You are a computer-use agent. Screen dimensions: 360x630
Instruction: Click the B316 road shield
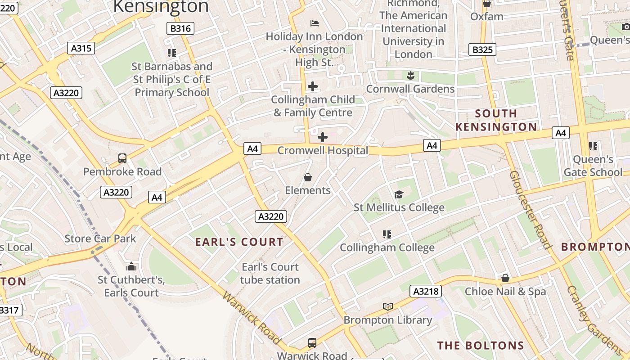pos(181,28)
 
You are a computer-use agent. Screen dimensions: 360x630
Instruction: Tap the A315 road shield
pos(81,48)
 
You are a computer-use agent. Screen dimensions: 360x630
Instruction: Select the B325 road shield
pos(482,49)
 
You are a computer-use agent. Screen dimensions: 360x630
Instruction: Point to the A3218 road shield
pos(425,292)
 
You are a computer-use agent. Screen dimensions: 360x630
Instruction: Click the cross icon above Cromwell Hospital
pos(323,137)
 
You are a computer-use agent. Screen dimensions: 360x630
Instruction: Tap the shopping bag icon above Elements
pos(308,177)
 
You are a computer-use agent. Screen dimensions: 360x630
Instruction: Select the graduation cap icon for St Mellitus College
pos(399,194)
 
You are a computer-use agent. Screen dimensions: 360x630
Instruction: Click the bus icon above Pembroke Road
pos(122,158)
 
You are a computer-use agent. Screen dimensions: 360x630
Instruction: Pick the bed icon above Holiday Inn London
pos(315,23)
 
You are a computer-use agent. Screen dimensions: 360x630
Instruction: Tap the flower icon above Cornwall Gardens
pos(410,75)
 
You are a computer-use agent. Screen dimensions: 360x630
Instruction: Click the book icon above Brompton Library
pos(387,307)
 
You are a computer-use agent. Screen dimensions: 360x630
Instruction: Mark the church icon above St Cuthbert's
pos(131,266)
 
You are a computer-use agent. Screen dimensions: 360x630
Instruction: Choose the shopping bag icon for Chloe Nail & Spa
pos(505,278)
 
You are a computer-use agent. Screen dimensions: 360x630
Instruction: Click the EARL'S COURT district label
pos(239,242)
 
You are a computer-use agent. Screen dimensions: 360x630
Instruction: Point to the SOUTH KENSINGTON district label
pos(496,120)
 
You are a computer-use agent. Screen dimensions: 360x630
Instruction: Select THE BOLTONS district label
pos(481,346)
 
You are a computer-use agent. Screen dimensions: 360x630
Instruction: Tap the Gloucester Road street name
pos(531,209)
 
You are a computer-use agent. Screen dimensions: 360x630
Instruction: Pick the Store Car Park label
pos(100,238)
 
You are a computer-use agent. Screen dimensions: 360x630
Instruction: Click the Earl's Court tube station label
pos(270,273)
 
